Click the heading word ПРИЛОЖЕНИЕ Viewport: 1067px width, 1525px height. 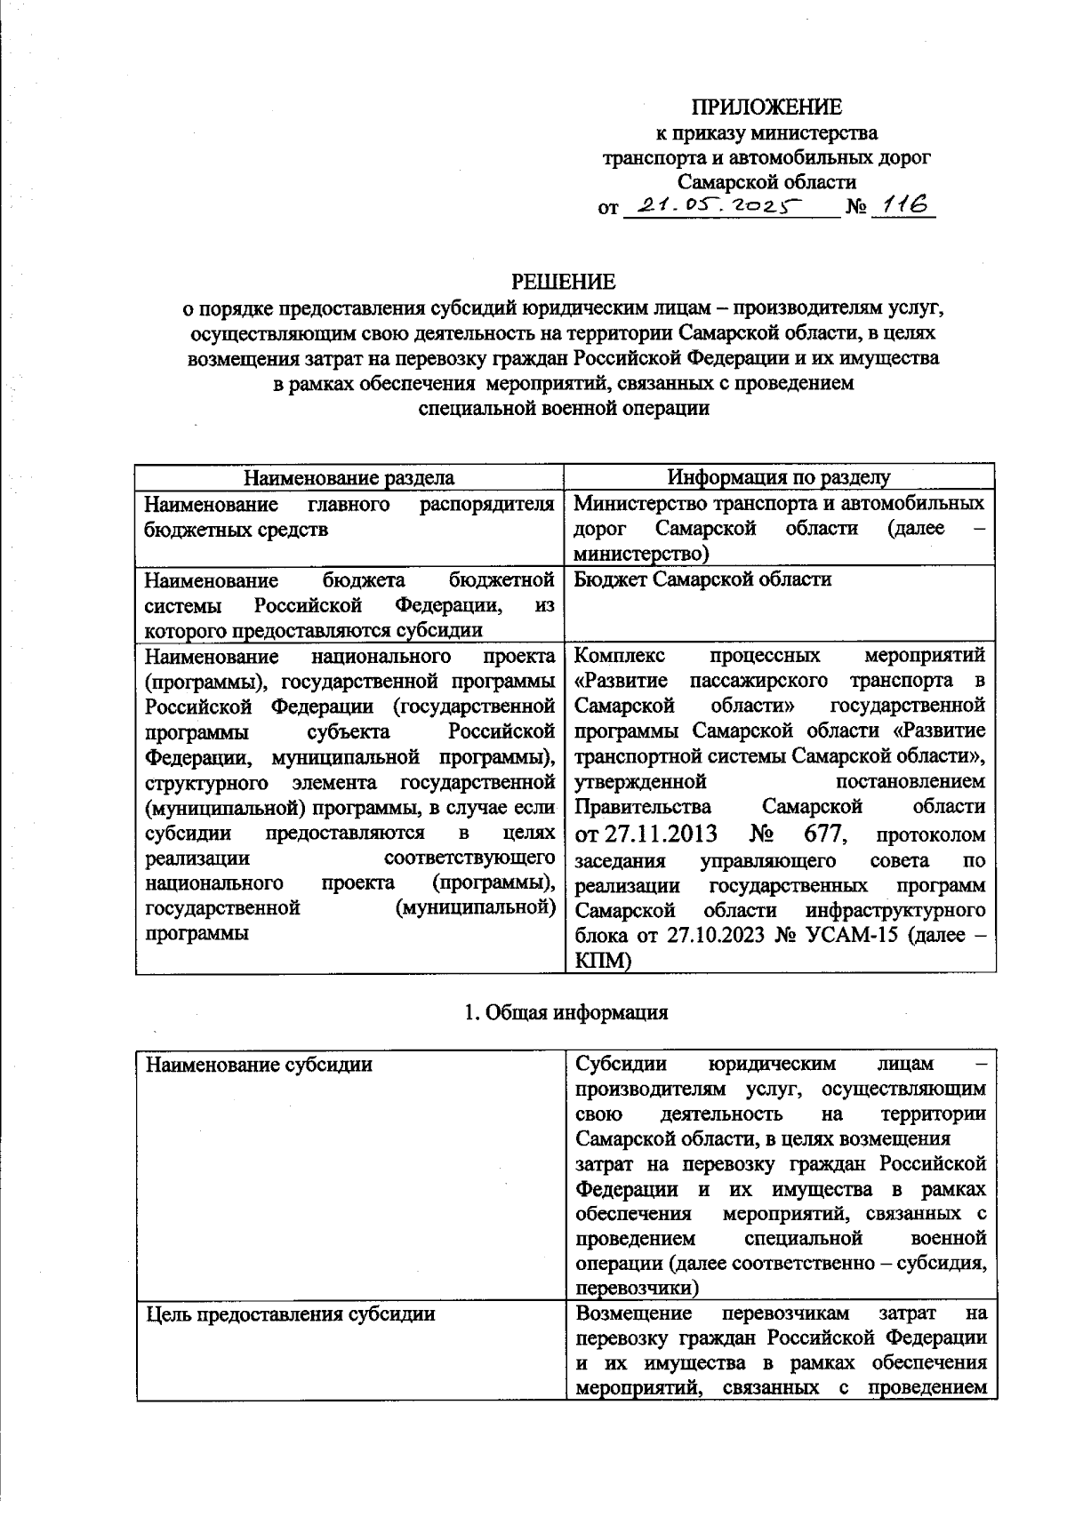click(767, 108)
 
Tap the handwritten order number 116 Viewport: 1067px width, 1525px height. click(900, 205)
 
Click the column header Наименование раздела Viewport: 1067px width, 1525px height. click(349, 478)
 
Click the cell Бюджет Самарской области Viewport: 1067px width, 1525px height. click(702, 579)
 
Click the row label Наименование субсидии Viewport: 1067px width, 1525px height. click(258, 1064)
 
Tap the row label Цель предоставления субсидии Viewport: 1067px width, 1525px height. click(290, 1313)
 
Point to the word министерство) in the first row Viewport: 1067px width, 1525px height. click(641, 554)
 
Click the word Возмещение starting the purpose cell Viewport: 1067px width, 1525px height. click(633, 1313)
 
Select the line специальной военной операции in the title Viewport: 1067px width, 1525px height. click(564, 409)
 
